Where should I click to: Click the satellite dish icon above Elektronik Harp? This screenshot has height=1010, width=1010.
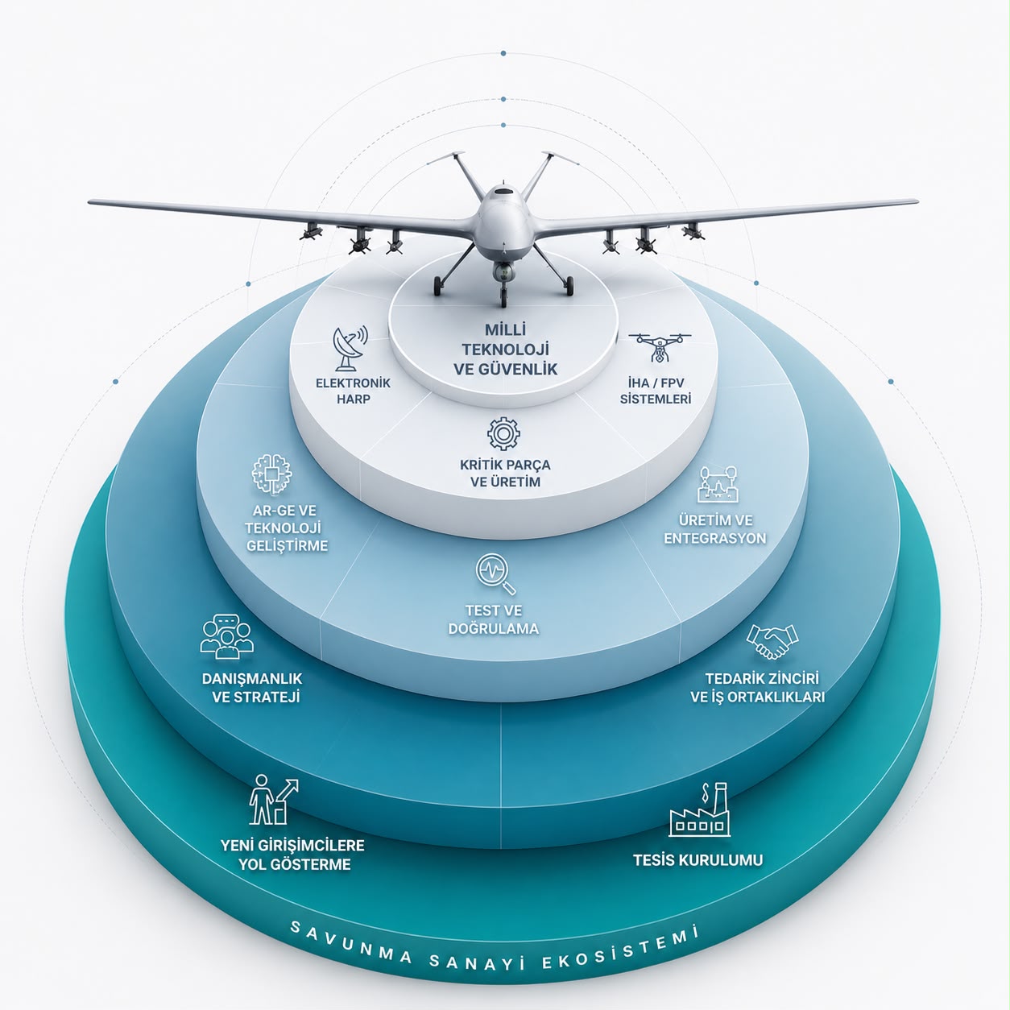coord(350,348)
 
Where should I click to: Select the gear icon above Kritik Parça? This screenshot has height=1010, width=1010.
coord(503,434)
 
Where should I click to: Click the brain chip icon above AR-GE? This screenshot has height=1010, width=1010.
coord(271,474)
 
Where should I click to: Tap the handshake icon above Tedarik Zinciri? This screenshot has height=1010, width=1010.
coord(772,640)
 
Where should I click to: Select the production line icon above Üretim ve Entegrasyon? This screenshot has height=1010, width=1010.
coord(718,484)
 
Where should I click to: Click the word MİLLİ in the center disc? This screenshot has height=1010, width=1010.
coord(505,330)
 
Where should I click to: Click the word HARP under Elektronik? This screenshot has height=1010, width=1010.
coord(354,399)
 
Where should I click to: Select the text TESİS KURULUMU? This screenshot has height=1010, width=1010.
coord(697,860)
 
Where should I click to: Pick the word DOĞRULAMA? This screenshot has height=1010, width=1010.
coord(493,628)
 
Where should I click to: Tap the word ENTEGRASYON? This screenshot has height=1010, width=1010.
coord(715,538)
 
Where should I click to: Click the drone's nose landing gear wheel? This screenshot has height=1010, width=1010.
coord(503,300)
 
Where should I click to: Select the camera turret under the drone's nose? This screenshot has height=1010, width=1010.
coord(503,271)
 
